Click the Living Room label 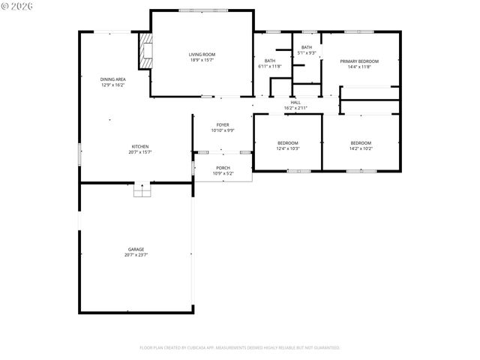[202, 55]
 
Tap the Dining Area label [112, 79]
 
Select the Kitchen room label [140, 146]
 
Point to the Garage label [136, 249]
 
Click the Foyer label [223, 124]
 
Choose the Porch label [223, 168]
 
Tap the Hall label [295, 103]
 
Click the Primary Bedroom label [358, 61]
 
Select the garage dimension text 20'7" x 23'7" [136, 255]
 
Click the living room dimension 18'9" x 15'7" [202, 61]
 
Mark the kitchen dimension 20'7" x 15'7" [140, 152]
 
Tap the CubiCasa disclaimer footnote [240, 348]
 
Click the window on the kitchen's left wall [79, 154]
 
